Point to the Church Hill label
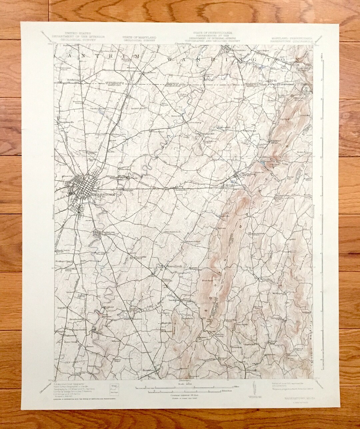250,345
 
